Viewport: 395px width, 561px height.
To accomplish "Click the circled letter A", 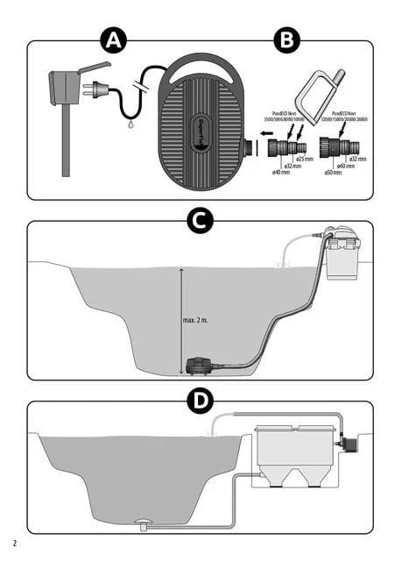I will (x=113, y=41).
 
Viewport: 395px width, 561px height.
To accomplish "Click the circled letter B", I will (x=286, y=41).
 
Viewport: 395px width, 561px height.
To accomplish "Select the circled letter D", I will (x=201, y=402).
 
